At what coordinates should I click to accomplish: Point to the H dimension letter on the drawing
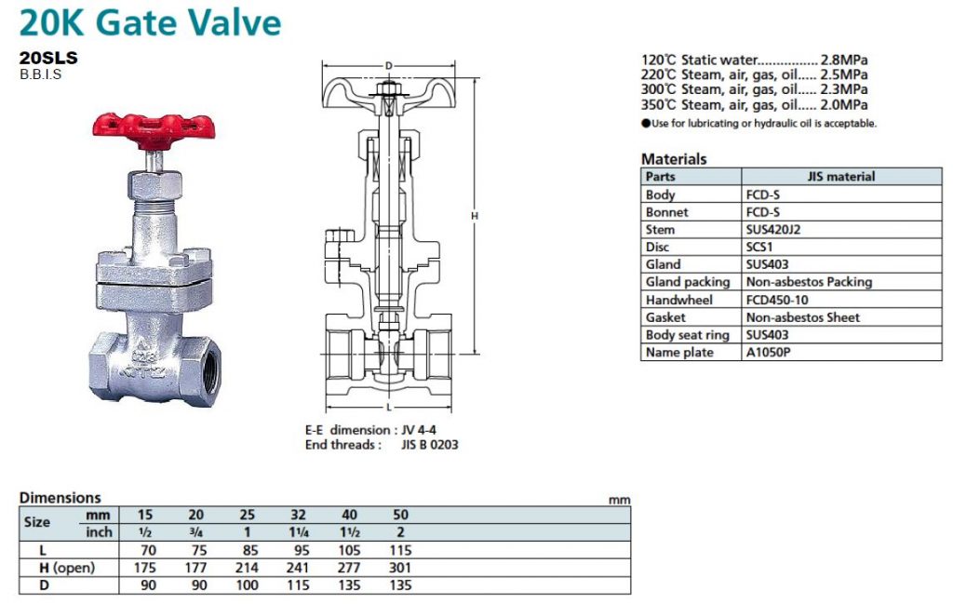pyautogui.click(x=475, y=216)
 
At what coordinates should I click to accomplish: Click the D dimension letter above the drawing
pyautogui.click(x=389, y=66)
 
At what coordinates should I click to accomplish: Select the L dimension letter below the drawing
pyautogui.click(x=389, y=407)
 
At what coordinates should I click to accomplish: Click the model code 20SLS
pyautogui.click(x=48, y=58)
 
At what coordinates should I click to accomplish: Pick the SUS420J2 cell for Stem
pyautogui.click(x=773, y=230)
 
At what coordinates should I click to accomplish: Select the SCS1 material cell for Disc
pyautogui.click(x=759, y=248)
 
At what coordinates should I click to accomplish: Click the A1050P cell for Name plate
pyautogui.click(x=768, y=353)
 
